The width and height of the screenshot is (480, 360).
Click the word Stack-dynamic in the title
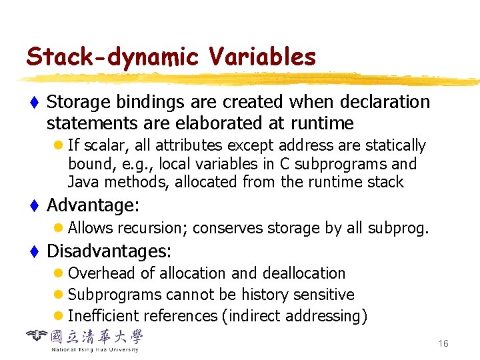coord(112,58)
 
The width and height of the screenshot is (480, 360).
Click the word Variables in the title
coord(263,58)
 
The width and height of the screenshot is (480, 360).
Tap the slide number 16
coord(443,343)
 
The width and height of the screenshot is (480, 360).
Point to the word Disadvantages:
coord(109,251)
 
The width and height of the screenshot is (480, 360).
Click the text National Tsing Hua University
coord(95,349)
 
